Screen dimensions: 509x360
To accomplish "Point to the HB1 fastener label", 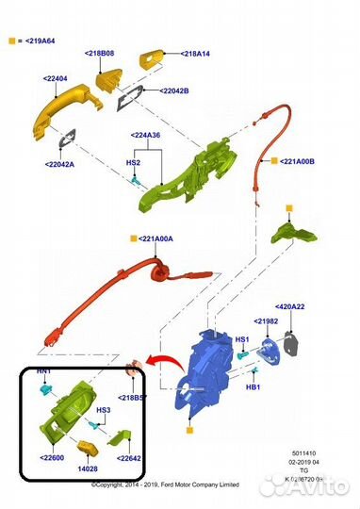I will click(252, 386).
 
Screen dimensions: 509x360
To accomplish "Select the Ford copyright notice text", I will click(167, 484).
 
